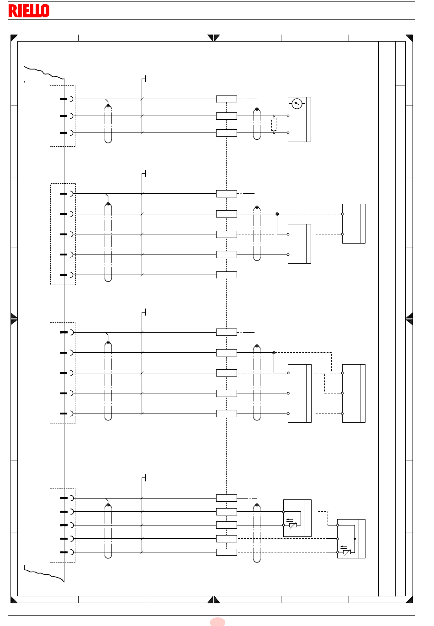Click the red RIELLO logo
pyautogui.click(x=29, y=11)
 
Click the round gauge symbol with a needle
pyautogui.click(x=297, y=104)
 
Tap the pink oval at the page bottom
pyautogui.click(x=217, y=621)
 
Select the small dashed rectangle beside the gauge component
pyautogui.click(x=274, y=124)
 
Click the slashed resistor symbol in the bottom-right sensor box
pyautogui.click(x=347, y=552)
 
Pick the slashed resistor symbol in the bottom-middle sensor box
pyautogui.click(x=293, y=525)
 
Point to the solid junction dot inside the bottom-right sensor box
pyautogui.click(x=355, y=539)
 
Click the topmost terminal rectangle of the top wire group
pyautogui.click(x=226, y=99)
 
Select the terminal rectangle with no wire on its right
pyautogui.click(x=226, y=275)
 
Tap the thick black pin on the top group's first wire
pyautogui.click(x=64, y=99)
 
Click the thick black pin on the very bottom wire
pyautogui.click(x=64, y=552)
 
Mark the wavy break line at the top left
pyautogui.click(x=44, y=72)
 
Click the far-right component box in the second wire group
pyautogui.click(x=354, y=223)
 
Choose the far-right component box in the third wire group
pyautogui.click(x=354, y=393)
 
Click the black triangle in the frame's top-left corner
pyautogui.click(x=13, y=37)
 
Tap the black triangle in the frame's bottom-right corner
pyautogui.click(x=410, y=600)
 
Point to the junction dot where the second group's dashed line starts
pyautogui.click(x=277, y=214)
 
